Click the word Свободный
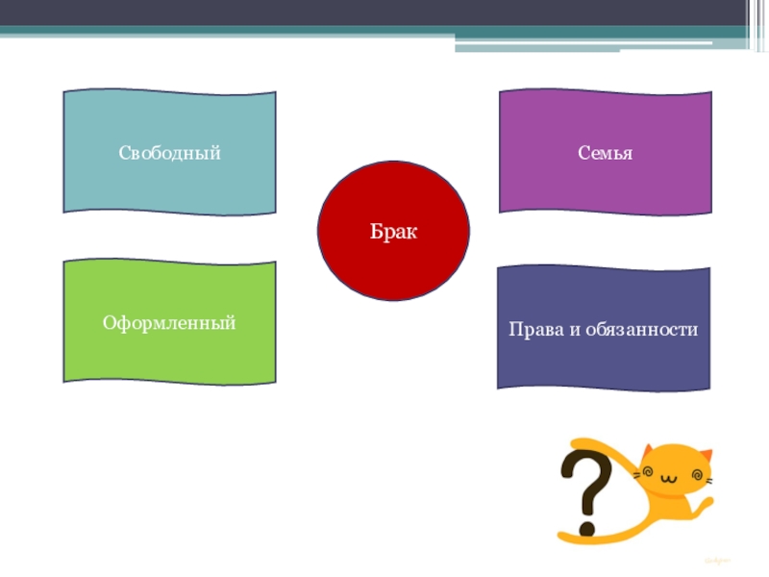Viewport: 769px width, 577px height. (x=170, y=153)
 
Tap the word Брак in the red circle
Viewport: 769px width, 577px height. (x=393, y=232)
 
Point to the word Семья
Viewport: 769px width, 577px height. (x=606, y=153)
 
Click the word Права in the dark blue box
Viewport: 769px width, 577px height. (x=535, y=329)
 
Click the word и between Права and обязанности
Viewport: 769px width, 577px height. (x=577, y=329)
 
